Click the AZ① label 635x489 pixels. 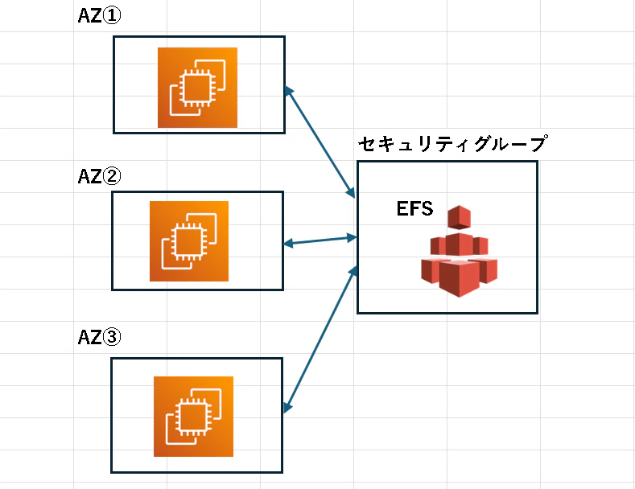[99, 16]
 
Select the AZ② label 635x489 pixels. [99, 176]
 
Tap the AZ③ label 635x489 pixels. [99, 337]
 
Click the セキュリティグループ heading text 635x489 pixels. [453, 144]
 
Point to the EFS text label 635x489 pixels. [414, 208]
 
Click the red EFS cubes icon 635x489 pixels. [460, 252]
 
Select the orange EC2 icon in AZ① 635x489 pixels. [197, 88]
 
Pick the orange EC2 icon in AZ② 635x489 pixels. [189, 241]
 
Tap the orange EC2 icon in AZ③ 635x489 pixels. [194, 417]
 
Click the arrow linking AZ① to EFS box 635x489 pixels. [320, 142]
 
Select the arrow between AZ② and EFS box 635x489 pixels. [320, 240]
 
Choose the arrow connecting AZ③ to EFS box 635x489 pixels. [320, 339]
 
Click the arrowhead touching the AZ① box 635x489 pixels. [288, 91]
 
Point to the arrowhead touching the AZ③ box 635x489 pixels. [287, 408]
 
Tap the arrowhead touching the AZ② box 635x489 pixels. [288, 243]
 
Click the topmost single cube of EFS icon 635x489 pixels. [460, 217]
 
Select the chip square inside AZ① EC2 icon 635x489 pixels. [197, 88]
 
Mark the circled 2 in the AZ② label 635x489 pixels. [111, 176]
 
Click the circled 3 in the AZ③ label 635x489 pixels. [111, 337]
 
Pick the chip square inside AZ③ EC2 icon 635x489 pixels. [194, 417]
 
